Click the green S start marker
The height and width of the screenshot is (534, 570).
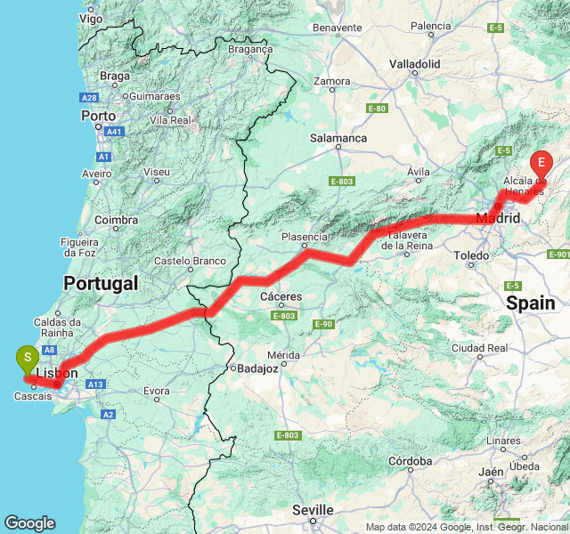tap(28, 358)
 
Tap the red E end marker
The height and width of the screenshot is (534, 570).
tap(540, 164)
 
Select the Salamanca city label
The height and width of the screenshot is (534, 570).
tap(338, 138)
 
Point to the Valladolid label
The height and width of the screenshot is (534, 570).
tap(415, 64)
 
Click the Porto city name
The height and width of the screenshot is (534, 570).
tap(98, 116)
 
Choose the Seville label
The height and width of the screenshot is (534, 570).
tap(313, 510)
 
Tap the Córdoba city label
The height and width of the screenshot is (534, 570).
tap(411, 461)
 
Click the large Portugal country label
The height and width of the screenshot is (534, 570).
tap(101, 283)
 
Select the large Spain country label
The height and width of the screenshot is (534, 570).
tap(531, 303)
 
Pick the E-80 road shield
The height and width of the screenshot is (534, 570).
tap(377, 109)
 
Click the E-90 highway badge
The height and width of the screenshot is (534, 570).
tap(324, 324)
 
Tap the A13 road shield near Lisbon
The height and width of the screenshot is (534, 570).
tap(96, 384)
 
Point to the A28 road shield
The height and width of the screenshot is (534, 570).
tap(88, 97)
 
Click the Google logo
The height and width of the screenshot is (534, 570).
tap(29, 523)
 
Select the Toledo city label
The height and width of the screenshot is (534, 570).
tap(471, 255)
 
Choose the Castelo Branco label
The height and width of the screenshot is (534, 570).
tap(186, 261)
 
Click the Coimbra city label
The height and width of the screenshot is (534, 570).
tap(116, 219)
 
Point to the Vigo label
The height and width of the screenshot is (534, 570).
tap(91, 18)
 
